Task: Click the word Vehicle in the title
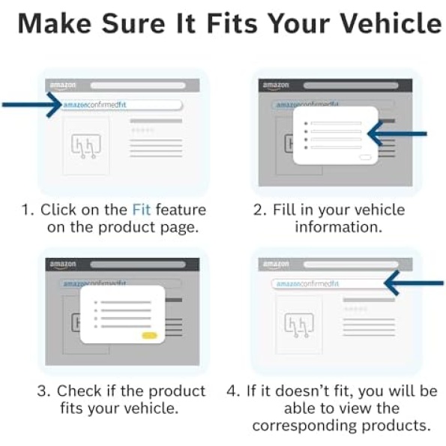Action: coord(391,23)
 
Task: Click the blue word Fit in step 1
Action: coord(142,210)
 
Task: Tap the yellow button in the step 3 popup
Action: coord(149,336)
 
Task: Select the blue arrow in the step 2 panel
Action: coord(397,133)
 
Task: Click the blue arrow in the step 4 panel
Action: coord(414,283)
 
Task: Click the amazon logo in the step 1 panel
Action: coord(63,85)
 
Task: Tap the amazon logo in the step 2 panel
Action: coord(276,85)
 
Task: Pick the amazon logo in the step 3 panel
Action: coord(63,265)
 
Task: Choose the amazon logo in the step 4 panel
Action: coord(276,265)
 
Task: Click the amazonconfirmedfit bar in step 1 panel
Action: coord(121,105)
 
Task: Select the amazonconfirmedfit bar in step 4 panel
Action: coord(329,284)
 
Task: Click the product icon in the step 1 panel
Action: coord(86,145)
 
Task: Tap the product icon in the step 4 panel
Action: coord(299,325)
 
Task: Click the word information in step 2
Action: coord(339,227)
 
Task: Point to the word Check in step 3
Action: coord(79,391)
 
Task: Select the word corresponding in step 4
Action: coord(304,426)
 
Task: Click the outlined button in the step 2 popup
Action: coord(365,157)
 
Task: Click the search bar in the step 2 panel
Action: coord(351,85)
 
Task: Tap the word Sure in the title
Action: coord(133,23)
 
